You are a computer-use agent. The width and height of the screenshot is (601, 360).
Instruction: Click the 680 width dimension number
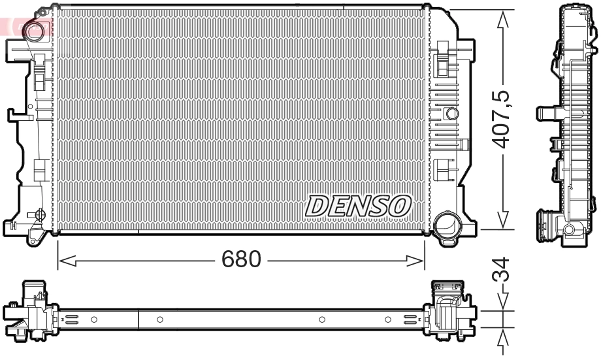tap(241, 260)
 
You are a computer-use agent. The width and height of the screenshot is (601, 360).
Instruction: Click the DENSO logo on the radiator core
tap(357, 206)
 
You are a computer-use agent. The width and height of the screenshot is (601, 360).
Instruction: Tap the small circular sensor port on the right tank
tap(451, 114)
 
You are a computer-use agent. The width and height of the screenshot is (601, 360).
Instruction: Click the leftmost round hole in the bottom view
tap(94, 319)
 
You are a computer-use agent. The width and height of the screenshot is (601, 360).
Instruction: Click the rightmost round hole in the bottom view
tap(388, 319)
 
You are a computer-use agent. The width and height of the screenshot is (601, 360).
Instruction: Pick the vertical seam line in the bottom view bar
tap(138, 319)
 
